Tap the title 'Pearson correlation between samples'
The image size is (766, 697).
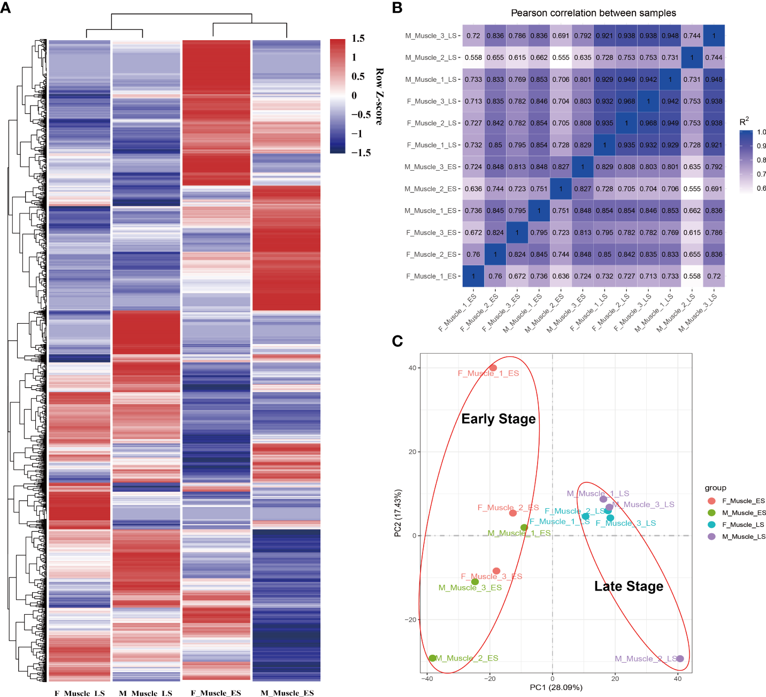coord(593,13)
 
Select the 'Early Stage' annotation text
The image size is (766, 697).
coord(499,419)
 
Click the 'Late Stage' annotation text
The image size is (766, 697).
coord(629,586)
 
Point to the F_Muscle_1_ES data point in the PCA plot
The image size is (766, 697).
coord(493,368)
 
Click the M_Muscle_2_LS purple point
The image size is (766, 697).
coord(680,658)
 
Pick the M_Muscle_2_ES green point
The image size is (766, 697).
coord(432,658)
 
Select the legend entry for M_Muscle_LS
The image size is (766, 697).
coord(743,537)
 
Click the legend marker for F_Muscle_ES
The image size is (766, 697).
coord(711,501)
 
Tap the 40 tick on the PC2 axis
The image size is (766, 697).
coord(412,368)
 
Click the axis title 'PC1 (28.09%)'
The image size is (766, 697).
coord(556,687)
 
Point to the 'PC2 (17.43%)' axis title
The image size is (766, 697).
coord(397,513)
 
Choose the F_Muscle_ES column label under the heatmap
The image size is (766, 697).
coord(216,693)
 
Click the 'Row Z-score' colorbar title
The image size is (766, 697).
coord(379,96)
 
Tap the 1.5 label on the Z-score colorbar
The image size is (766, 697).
coord(358,39)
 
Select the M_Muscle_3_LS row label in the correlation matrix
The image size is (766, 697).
coord(431,36)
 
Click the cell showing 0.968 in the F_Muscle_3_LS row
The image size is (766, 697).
coord(626,101)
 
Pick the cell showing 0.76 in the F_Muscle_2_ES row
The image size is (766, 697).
coord(473,255)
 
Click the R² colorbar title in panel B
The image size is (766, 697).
coord(744,122)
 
